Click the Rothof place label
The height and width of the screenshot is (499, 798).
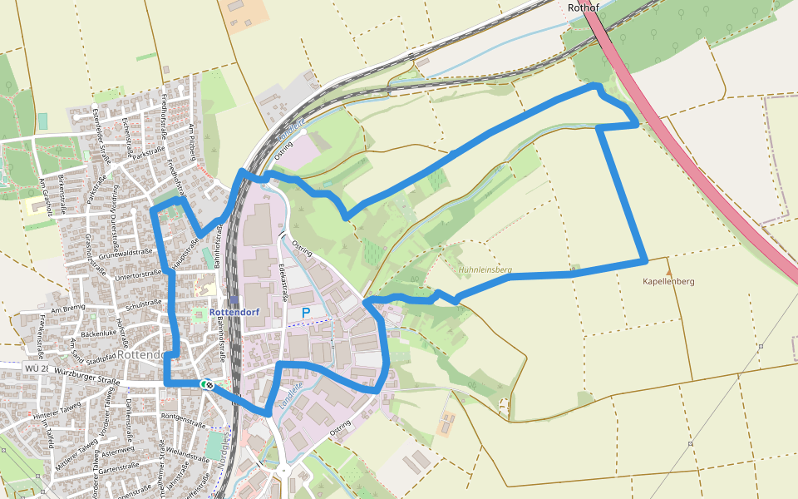584,7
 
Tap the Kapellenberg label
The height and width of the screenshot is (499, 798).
668,281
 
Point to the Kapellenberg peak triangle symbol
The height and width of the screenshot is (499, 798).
668,271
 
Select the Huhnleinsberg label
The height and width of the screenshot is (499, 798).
485,270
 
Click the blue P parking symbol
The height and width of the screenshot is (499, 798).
306,313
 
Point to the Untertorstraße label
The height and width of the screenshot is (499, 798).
138,274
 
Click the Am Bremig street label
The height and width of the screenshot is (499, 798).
68,309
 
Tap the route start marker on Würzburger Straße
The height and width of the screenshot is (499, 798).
205,384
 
